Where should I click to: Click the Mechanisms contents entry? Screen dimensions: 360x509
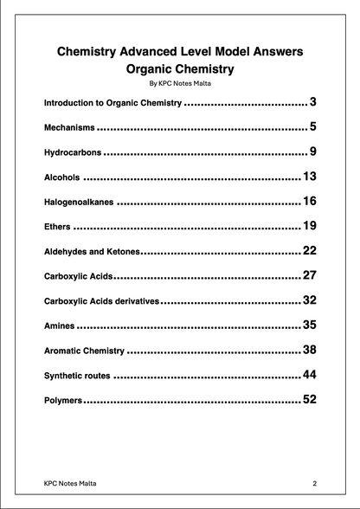pyautogui.click(x=70, y=127)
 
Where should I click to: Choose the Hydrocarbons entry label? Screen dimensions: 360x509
pyautogui.click(x=72, y=152)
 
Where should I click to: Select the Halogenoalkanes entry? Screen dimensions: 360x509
pyautogui.click(x=78, y=203)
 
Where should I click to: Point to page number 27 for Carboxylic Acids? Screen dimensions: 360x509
pyautogui.click(x=310, y=276)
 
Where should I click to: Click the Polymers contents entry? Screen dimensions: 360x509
pyautogui.click(x=63, y=401)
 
